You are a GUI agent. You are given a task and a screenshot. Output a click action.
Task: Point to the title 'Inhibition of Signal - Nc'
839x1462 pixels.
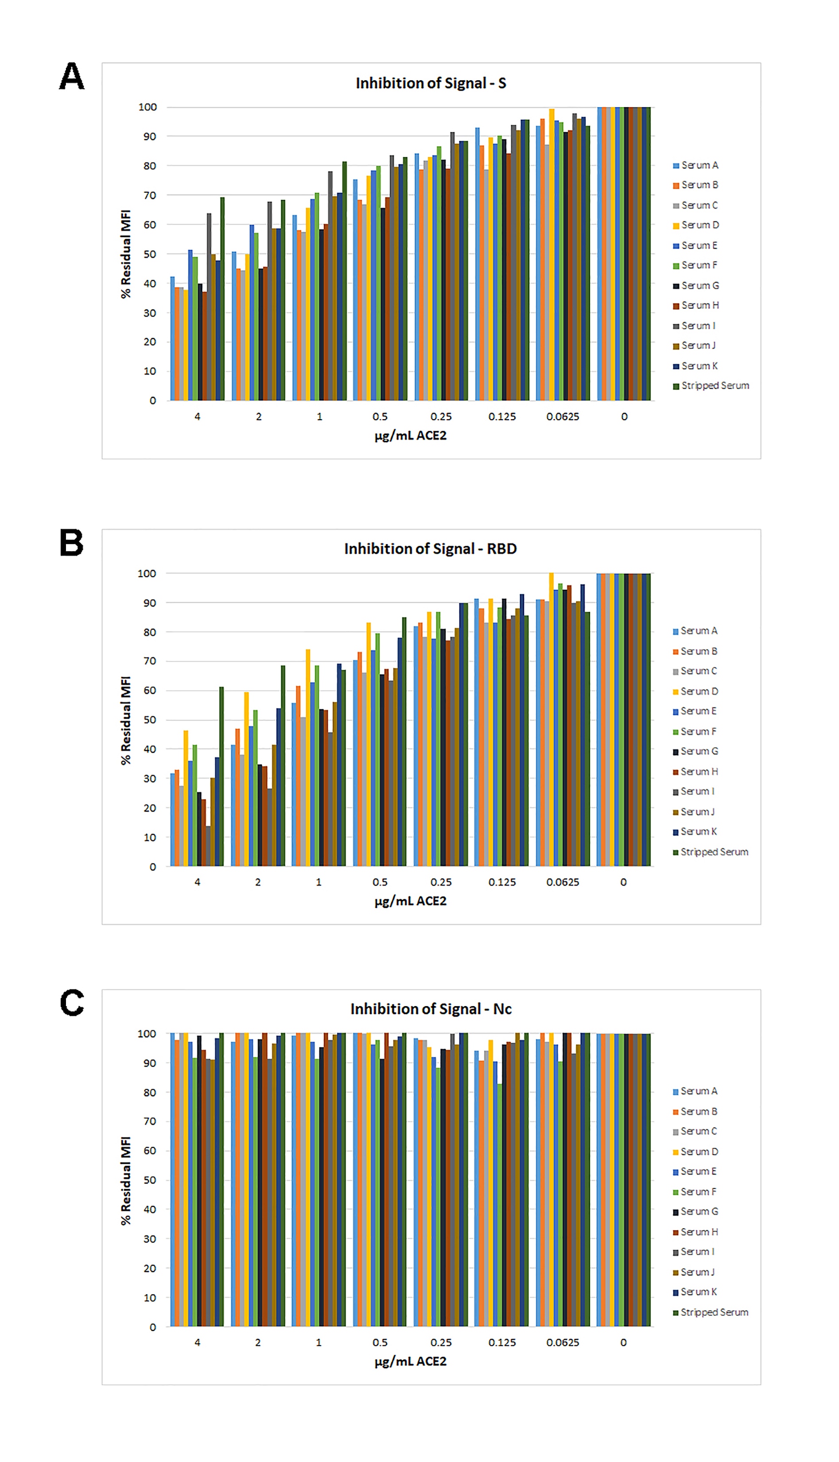pos(431,1009)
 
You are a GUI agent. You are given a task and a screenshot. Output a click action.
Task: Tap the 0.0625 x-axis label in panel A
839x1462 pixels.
pos(563,416)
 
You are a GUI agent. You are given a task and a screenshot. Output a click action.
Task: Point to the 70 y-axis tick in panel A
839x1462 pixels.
pos(150,195)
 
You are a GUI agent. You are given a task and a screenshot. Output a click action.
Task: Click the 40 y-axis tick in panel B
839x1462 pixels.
pos(150,749)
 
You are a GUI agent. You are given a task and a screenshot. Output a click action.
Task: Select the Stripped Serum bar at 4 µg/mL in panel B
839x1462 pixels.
pos(221,776)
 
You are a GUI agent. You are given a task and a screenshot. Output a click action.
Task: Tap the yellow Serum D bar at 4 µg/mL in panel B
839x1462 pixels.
pos(186,798)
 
